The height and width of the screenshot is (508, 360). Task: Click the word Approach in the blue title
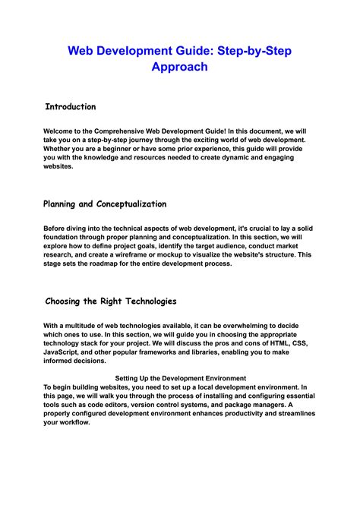point(179,67)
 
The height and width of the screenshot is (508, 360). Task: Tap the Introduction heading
point(71,107)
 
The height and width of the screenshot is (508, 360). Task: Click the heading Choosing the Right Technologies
point(111,301)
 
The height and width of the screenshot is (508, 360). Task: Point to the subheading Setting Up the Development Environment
point(179,377)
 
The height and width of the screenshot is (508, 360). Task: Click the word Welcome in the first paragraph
point(60,131)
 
